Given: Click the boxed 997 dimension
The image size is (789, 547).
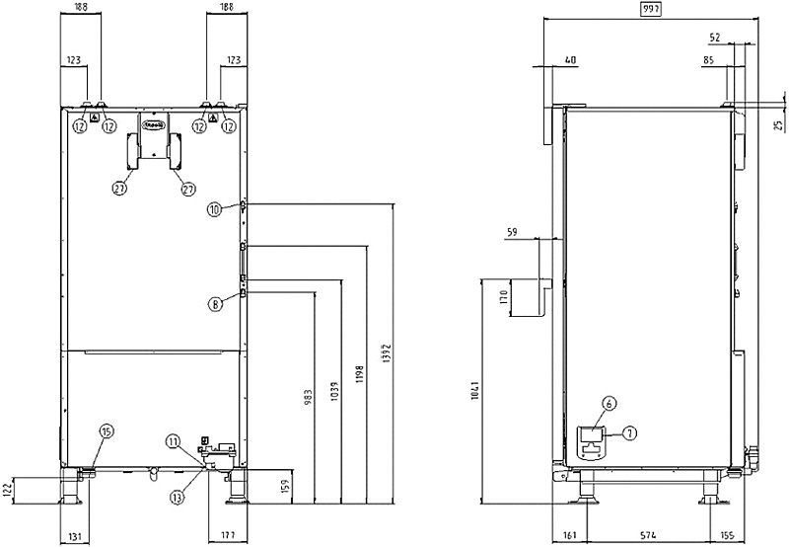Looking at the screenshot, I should tap(650, 8).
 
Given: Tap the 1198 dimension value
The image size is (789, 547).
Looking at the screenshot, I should tap(362, 379).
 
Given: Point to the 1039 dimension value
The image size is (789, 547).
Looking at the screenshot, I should tap(334, 391).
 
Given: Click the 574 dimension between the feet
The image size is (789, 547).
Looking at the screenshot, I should tap(647, 537).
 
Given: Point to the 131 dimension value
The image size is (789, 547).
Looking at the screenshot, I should tap(75, 537).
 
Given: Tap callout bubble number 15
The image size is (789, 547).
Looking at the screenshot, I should tap(107, 430).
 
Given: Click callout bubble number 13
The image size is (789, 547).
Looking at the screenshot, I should tap(177, 499).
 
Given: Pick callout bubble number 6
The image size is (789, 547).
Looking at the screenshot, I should tap(608, 403).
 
